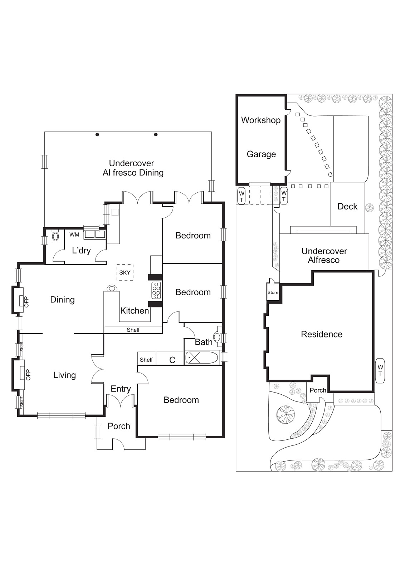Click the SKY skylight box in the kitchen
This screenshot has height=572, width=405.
pyautogui.click(x=125, y=272)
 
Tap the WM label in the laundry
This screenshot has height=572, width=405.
pyautogui.click(x=74, y=235)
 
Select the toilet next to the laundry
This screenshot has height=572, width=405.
pyautogui.click(x=55, y=236)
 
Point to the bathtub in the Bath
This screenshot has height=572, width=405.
pyautogui.click(x=201, y=357)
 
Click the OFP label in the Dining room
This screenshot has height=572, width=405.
pyautogui.click(x=26, y=301)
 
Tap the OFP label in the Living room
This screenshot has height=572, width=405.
pyautogui.click(x=28, y=375)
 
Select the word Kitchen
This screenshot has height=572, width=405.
pyautogui.click(x=135, y=311)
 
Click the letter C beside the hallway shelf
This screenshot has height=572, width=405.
pyautogui.click(x=172, y=360)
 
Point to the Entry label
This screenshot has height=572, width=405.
pyautogui.click(x=121, y=389)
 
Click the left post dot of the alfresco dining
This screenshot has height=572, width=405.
pyautogui.click(x=97, y=135)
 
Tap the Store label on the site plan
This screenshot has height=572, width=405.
pyautogui.click(x=273, y=292)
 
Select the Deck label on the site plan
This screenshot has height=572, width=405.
pyautogui.click(x=347, y=206)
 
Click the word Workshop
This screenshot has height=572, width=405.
pyautogui.click(x=260, y=120)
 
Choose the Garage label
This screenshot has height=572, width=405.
pyautogui.click(x=261, y=154)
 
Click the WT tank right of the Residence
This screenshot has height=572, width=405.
pyautogui.click(x=380, y=370)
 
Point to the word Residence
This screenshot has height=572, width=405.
pyautogui.click(x=321, y=334)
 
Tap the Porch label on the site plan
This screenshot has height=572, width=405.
pyautogui.click(x=318, y=390)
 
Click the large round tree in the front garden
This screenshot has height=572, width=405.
pyautogui.click(x=286, y=414)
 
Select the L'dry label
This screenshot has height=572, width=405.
pyautogui.click(x=81, y=250)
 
